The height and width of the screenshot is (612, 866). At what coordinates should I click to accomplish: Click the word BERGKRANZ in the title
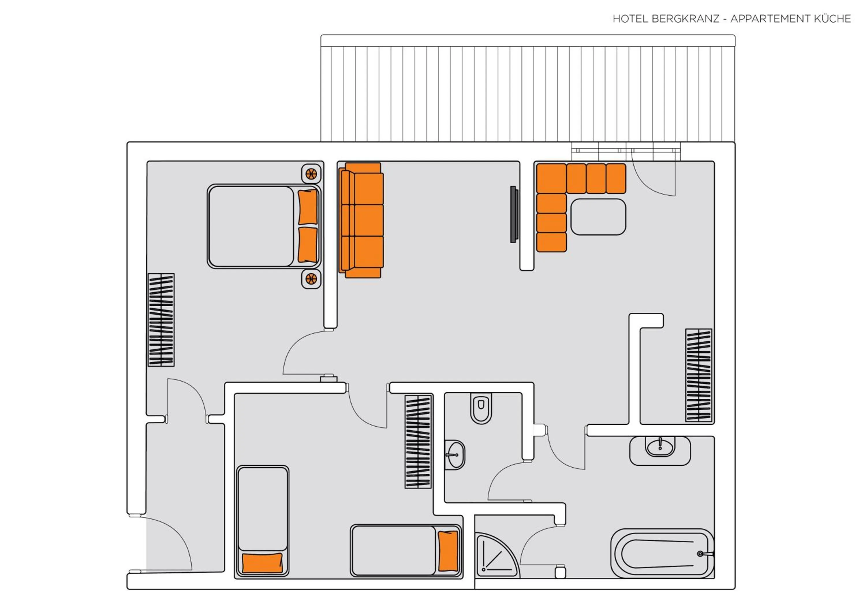click(685, 19)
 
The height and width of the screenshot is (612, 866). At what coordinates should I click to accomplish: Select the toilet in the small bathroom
click(481, 409)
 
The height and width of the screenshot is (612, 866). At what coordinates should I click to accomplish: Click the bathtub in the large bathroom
click(662, 554)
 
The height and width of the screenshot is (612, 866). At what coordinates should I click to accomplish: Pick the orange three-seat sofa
click(361, 221)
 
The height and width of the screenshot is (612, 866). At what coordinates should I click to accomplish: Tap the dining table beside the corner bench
click(598, 217)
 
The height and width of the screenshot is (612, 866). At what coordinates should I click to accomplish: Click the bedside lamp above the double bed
click(311, 174)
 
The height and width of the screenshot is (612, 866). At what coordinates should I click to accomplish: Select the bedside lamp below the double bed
click(311, 279)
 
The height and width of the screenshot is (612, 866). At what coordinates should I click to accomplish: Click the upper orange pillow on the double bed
click(307, 207)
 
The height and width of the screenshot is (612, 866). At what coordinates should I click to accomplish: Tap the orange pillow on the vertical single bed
click(262, 563)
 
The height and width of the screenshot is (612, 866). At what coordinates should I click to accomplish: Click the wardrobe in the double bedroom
click(161, 320)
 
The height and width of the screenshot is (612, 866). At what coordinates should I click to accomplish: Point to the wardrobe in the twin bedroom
click(418, 442)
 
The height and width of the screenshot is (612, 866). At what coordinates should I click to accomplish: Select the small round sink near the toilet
click(456, 455)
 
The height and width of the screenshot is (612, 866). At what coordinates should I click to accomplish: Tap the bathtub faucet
click(701, 554)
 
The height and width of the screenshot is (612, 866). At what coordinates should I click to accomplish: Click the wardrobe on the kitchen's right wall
click(699, 375)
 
